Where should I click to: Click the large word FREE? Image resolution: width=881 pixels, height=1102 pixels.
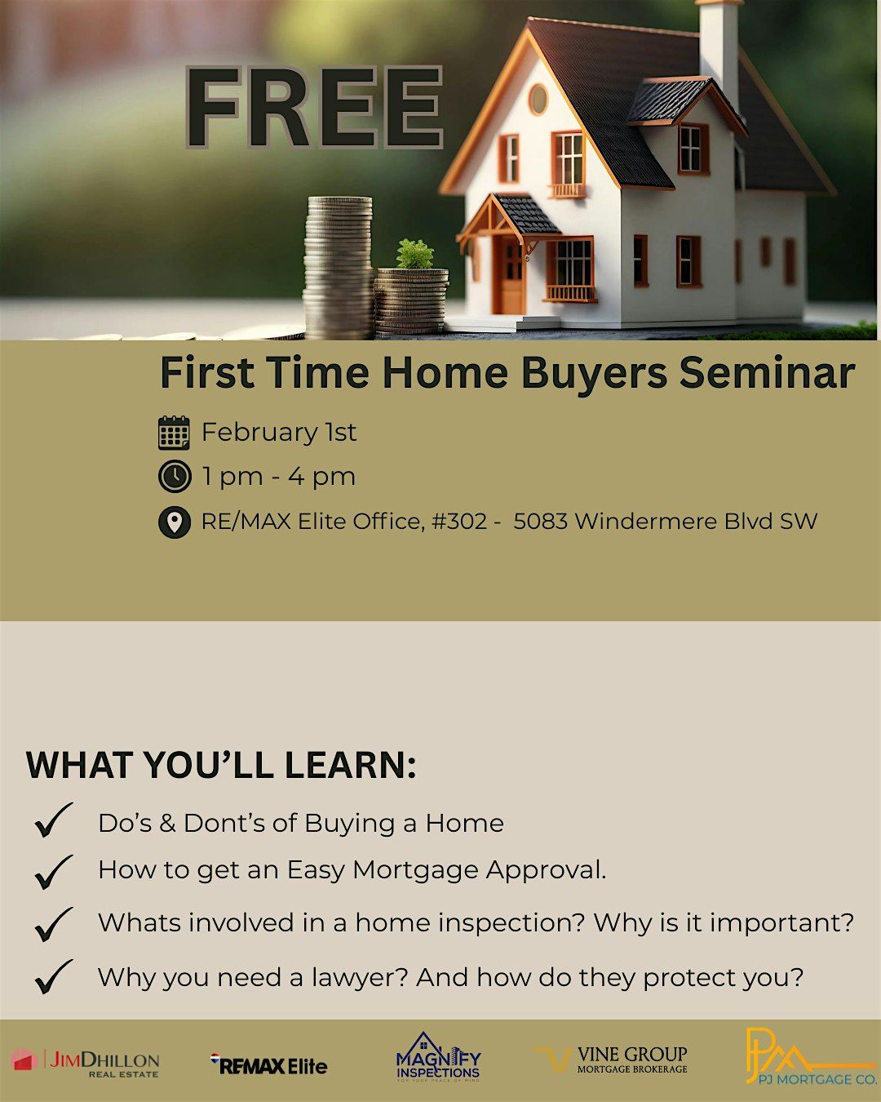pos(314,108)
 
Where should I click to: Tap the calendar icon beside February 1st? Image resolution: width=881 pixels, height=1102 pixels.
pos(174,433)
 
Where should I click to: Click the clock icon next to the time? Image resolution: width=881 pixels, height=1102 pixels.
pos(175,476)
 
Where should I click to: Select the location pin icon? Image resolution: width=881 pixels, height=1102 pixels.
pos(175,522)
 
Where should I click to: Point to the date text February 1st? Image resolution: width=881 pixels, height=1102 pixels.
pos(279,432)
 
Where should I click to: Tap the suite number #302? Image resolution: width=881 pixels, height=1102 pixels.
pos(459,522)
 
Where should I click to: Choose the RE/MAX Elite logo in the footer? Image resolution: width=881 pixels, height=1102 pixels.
pos(268,1063)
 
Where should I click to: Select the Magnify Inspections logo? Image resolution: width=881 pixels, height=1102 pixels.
pos(438,1056)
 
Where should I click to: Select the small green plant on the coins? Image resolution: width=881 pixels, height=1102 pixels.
pos(414,254)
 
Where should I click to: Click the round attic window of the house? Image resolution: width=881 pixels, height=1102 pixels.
pos(538,100)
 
